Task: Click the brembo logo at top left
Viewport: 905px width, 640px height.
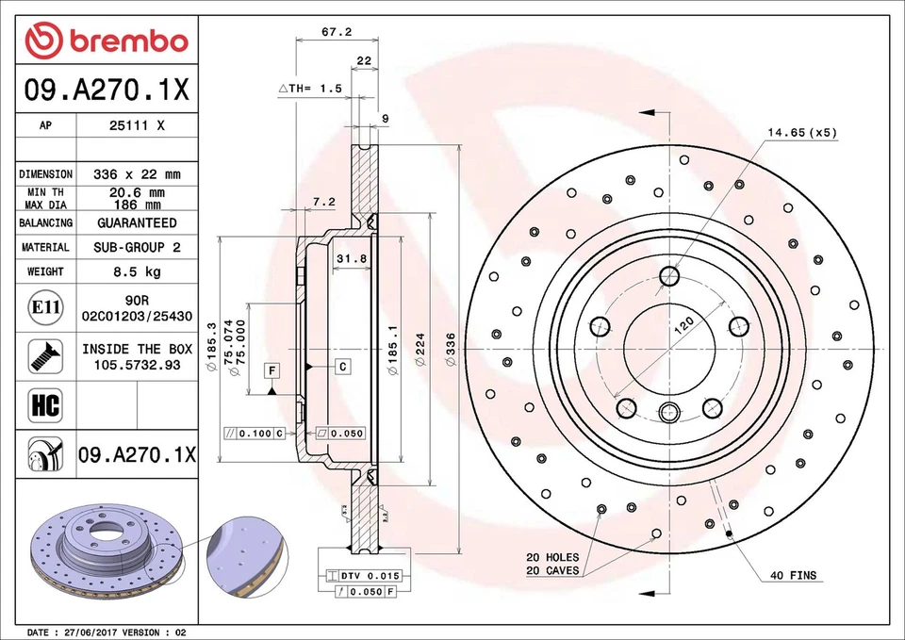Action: [x=107, y=41]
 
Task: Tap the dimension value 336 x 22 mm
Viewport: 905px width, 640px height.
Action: [x=137, y=174]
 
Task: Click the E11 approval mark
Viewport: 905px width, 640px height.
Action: [x=45, y=307]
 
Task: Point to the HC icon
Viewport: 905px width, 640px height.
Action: [x=45, y=406]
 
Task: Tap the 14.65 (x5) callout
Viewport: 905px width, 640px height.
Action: [x=801, y=133]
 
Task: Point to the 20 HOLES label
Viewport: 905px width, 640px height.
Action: [x=552, y=557]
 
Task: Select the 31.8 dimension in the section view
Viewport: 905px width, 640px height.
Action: [x=350, y=258]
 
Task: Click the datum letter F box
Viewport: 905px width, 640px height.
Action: [x=271, y=369]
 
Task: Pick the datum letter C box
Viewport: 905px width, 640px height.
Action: [x=342, y=366]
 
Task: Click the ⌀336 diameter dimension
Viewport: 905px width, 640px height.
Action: [x=451, y=351]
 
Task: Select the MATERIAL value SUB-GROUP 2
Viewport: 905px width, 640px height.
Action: [x=137, y=247]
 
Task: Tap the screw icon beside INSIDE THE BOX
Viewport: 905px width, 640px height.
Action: [x=45, y=355]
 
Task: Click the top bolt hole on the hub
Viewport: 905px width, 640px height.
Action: [x=670, y=275]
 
